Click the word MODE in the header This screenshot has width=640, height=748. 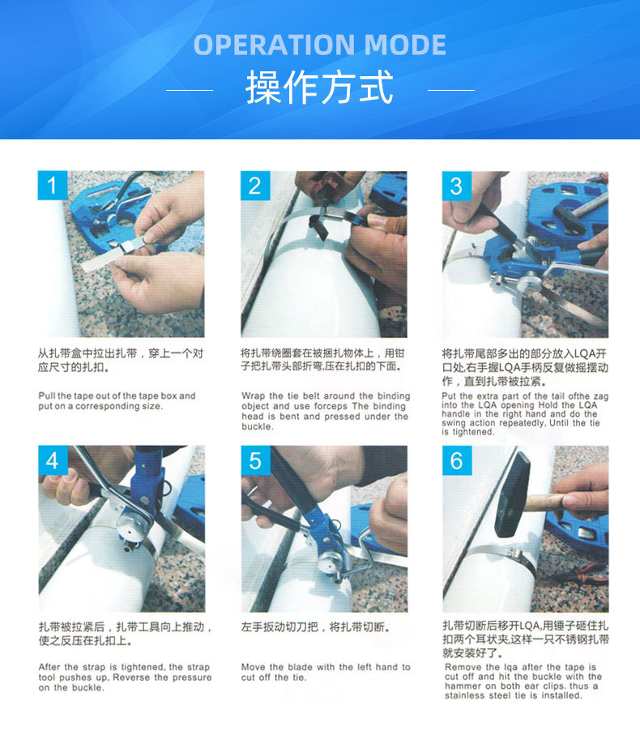click(405, 45)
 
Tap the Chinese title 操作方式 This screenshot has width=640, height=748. click(319, 88)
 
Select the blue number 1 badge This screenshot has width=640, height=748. click(53, 185)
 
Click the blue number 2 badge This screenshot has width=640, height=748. click(255, 185)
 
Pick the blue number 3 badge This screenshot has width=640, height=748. click(457, 186)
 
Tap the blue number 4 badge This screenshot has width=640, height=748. click(53, 460)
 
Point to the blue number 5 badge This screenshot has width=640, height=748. click(256, 460)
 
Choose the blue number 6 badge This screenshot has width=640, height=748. click(457, 460)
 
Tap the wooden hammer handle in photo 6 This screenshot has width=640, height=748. click(549, 502)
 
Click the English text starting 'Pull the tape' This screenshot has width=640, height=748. click(117, 400)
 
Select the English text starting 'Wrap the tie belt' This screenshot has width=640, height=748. click(326, 411)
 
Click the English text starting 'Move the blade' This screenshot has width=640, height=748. click(326, 672)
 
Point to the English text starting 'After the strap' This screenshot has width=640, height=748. click(125, 677)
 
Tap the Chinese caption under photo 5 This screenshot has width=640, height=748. click(316, 626)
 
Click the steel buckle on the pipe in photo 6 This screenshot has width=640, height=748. click(513, 554)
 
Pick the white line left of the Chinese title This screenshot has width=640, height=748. click(190, 90)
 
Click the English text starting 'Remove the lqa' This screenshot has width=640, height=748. click(523, 682)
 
